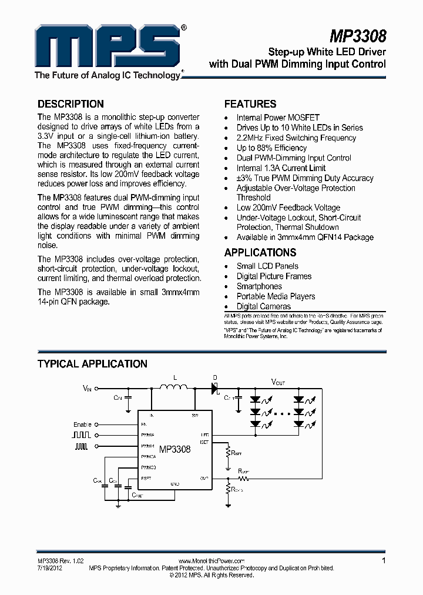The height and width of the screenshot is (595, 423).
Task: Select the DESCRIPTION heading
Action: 70,104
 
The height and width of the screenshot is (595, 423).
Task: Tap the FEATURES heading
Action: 250,104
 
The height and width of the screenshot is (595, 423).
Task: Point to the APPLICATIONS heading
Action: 260,253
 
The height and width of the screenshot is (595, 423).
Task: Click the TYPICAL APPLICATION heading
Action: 92,364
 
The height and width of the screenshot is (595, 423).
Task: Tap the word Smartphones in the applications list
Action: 259,286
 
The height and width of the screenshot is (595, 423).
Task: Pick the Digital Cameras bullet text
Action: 263,306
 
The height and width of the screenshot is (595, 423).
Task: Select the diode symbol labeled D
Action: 215,387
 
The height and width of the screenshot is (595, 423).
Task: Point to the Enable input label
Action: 83,424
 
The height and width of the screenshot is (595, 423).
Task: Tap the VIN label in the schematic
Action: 88,389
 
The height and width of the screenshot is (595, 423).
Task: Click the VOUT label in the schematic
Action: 278,382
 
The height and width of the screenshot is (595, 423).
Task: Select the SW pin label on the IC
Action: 195,416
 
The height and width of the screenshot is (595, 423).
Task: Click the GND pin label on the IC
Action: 175,483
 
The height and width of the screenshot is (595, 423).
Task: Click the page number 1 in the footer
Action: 384,560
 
